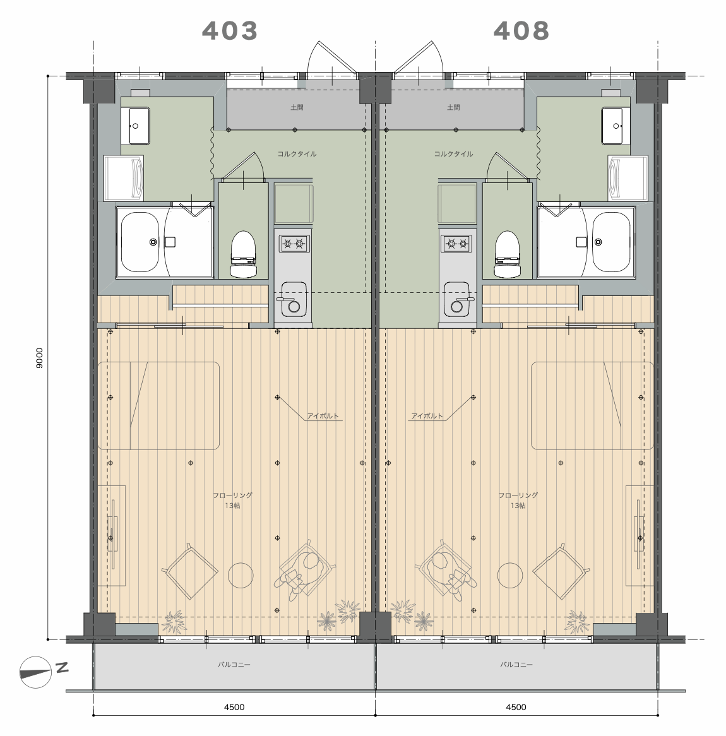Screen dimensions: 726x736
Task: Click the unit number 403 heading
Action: (x=230, y=31)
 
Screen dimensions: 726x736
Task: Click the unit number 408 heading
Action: (x=521, y=31)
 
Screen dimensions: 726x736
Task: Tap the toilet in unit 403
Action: (x=243, y=254)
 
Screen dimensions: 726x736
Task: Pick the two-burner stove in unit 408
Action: (x=456, y=244)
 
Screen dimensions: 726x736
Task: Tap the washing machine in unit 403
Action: (x=124, y=179)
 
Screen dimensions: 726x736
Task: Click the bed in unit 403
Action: (x=158, y=405)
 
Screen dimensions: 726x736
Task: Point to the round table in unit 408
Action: (x=510, y=575)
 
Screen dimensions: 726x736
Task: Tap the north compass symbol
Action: (x=36, y=672)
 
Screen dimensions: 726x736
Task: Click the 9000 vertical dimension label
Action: (x=39, y=358)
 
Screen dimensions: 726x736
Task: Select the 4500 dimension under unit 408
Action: (x=516, y=708)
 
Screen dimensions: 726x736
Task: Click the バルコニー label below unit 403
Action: (x=234, y=665)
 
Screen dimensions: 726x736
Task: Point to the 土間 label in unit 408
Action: (x=453, y=107)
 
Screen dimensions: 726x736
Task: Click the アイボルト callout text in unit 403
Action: (x=323, y=416)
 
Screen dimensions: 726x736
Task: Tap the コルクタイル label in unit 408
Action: (x=453, y=153)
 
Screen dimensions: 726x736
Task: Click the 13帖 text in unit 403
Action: (x=232, y=506)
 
